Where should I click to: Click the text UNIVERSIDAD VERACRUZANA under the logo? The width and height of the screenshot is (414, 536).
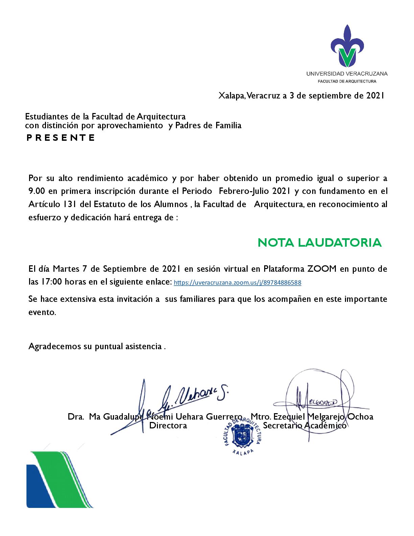(347, 73)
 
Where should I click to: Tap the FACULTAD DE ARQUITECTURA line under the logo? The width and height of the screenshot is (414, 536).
(347, 81)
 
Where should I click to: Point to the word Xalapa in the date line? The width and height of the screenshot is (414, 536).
(232, 96)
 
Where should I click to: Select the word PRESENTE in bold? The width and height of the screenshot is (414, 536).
(61, 138)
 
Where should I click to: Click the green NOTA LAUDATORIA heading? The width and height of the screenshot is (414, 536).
(320, 243)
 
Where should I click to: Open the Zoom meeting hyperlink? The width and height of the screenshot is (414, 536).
(237, 283)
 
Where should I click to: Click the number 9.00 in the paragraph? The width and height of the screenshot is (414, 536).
(37, 191)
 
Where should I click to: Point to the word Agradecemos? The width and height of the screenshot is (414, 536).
(55, 347)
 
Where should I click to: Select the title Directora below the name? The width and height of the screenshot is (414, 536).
(168, 426)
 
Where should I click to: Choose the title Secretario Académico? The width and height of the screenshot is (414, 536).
(304, 426)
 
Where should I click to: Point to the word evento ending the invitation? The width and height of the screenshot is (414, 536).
(42, 312)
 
